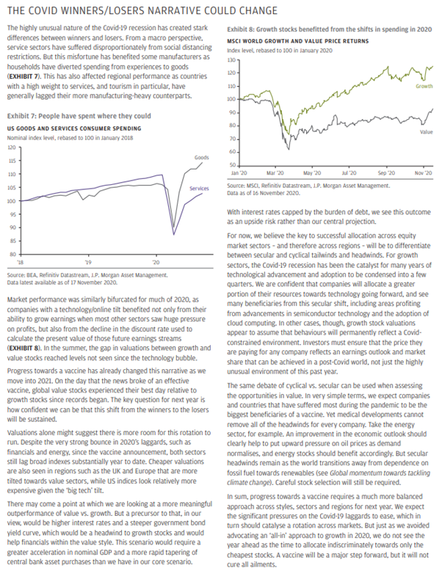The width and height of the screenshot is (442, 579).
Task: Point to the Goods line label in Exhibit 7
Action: pyautogui.click(x=202, y=157)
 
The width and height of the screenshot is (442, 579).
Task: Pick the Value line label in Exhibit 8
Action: pyautogui.click(x=425, y=131)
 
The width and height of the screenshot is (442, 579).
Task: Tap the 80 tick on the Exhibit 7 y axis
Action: pyautogui.click(x=12, y=254)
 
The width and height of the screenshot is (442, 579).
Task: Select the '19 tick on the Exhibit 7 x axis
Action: pyautogui.click(x=88, y=261)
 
